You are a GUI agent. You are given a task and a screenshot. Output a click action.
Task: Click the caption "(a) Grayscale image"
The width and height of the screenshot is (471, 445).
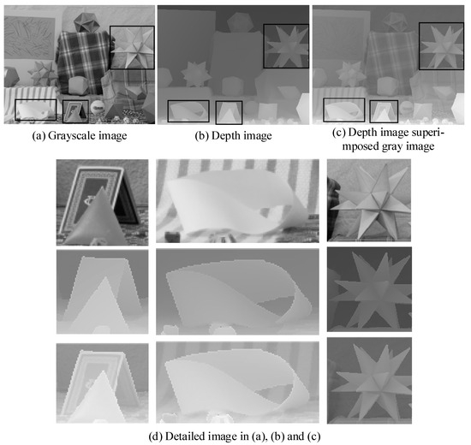(x=77, y=135)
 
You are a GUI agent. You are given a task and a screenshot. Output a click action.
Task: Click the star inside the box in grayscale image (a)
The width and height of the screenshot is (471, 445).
(x=132, y=49)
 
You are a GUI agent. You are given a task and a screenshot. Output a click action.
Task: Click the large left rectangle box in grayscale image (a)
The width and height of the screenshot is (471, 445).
(x=36, y=110)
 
